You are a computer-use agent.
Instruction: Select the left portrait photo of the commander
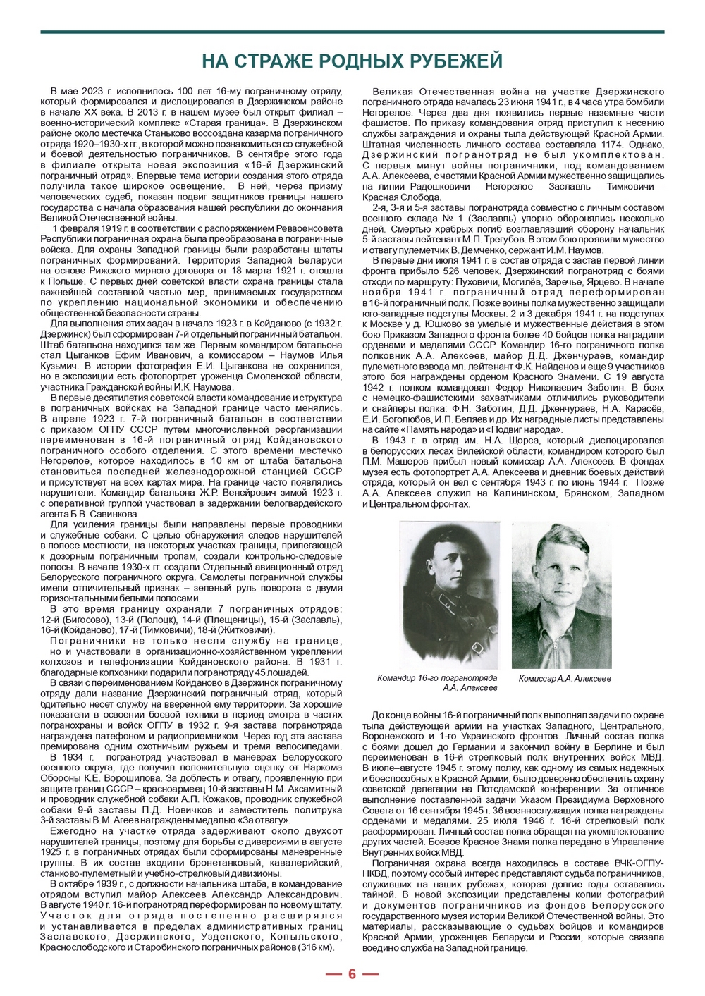[449, 594]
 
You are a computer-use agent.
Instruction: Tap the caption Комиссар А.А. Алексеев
[565, 678]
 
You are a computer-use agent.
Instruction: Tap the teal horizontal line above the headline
[352, 32]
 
